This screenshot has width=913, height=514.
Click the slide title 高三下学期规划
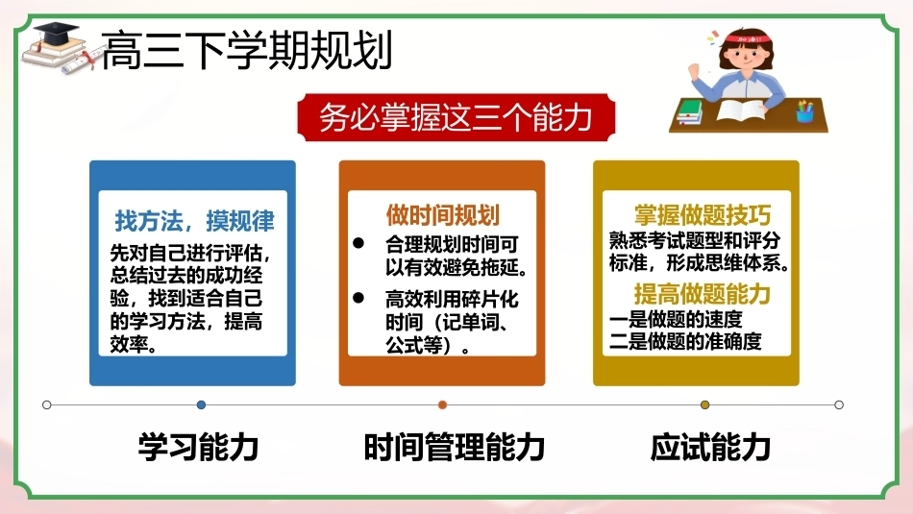(247, 50)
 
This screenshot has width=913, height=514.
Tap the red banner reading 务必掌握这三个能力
(456, 117)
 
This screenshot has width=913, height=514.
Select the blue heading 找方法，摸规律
(194, 221)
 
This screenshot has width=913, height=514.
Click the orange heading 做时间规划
(442, 215)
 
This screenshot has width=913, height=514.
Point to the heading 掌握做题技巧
(703, 215)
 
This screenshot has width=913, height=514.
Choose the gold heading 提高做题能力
(703, 293)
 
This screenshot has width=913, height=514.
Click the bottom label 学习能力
(198, 447)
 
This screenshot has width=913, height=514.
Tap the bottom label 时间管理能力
(455, 447)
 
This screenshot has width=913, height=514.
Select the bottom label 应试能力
(710, 447)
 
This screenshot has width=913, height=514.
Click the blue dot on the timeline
(201, 404)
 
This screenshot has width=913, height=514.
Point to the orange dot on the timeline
(442, 404)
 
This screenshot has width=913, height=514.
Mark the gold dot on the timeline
(705, 404)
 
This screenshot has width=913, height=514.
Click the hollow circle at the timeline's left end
(46, 404)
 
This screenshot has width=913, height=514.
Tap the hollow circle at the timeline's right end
(839, 404)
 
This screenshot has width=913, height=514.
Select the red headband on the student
(750, 39)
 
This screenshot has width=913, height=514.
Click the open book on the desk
(740, 110)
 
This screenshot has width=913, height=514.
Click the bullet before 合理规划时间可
(358, 243)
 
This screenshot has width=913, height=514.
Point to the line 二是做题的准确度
(685, 341)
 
